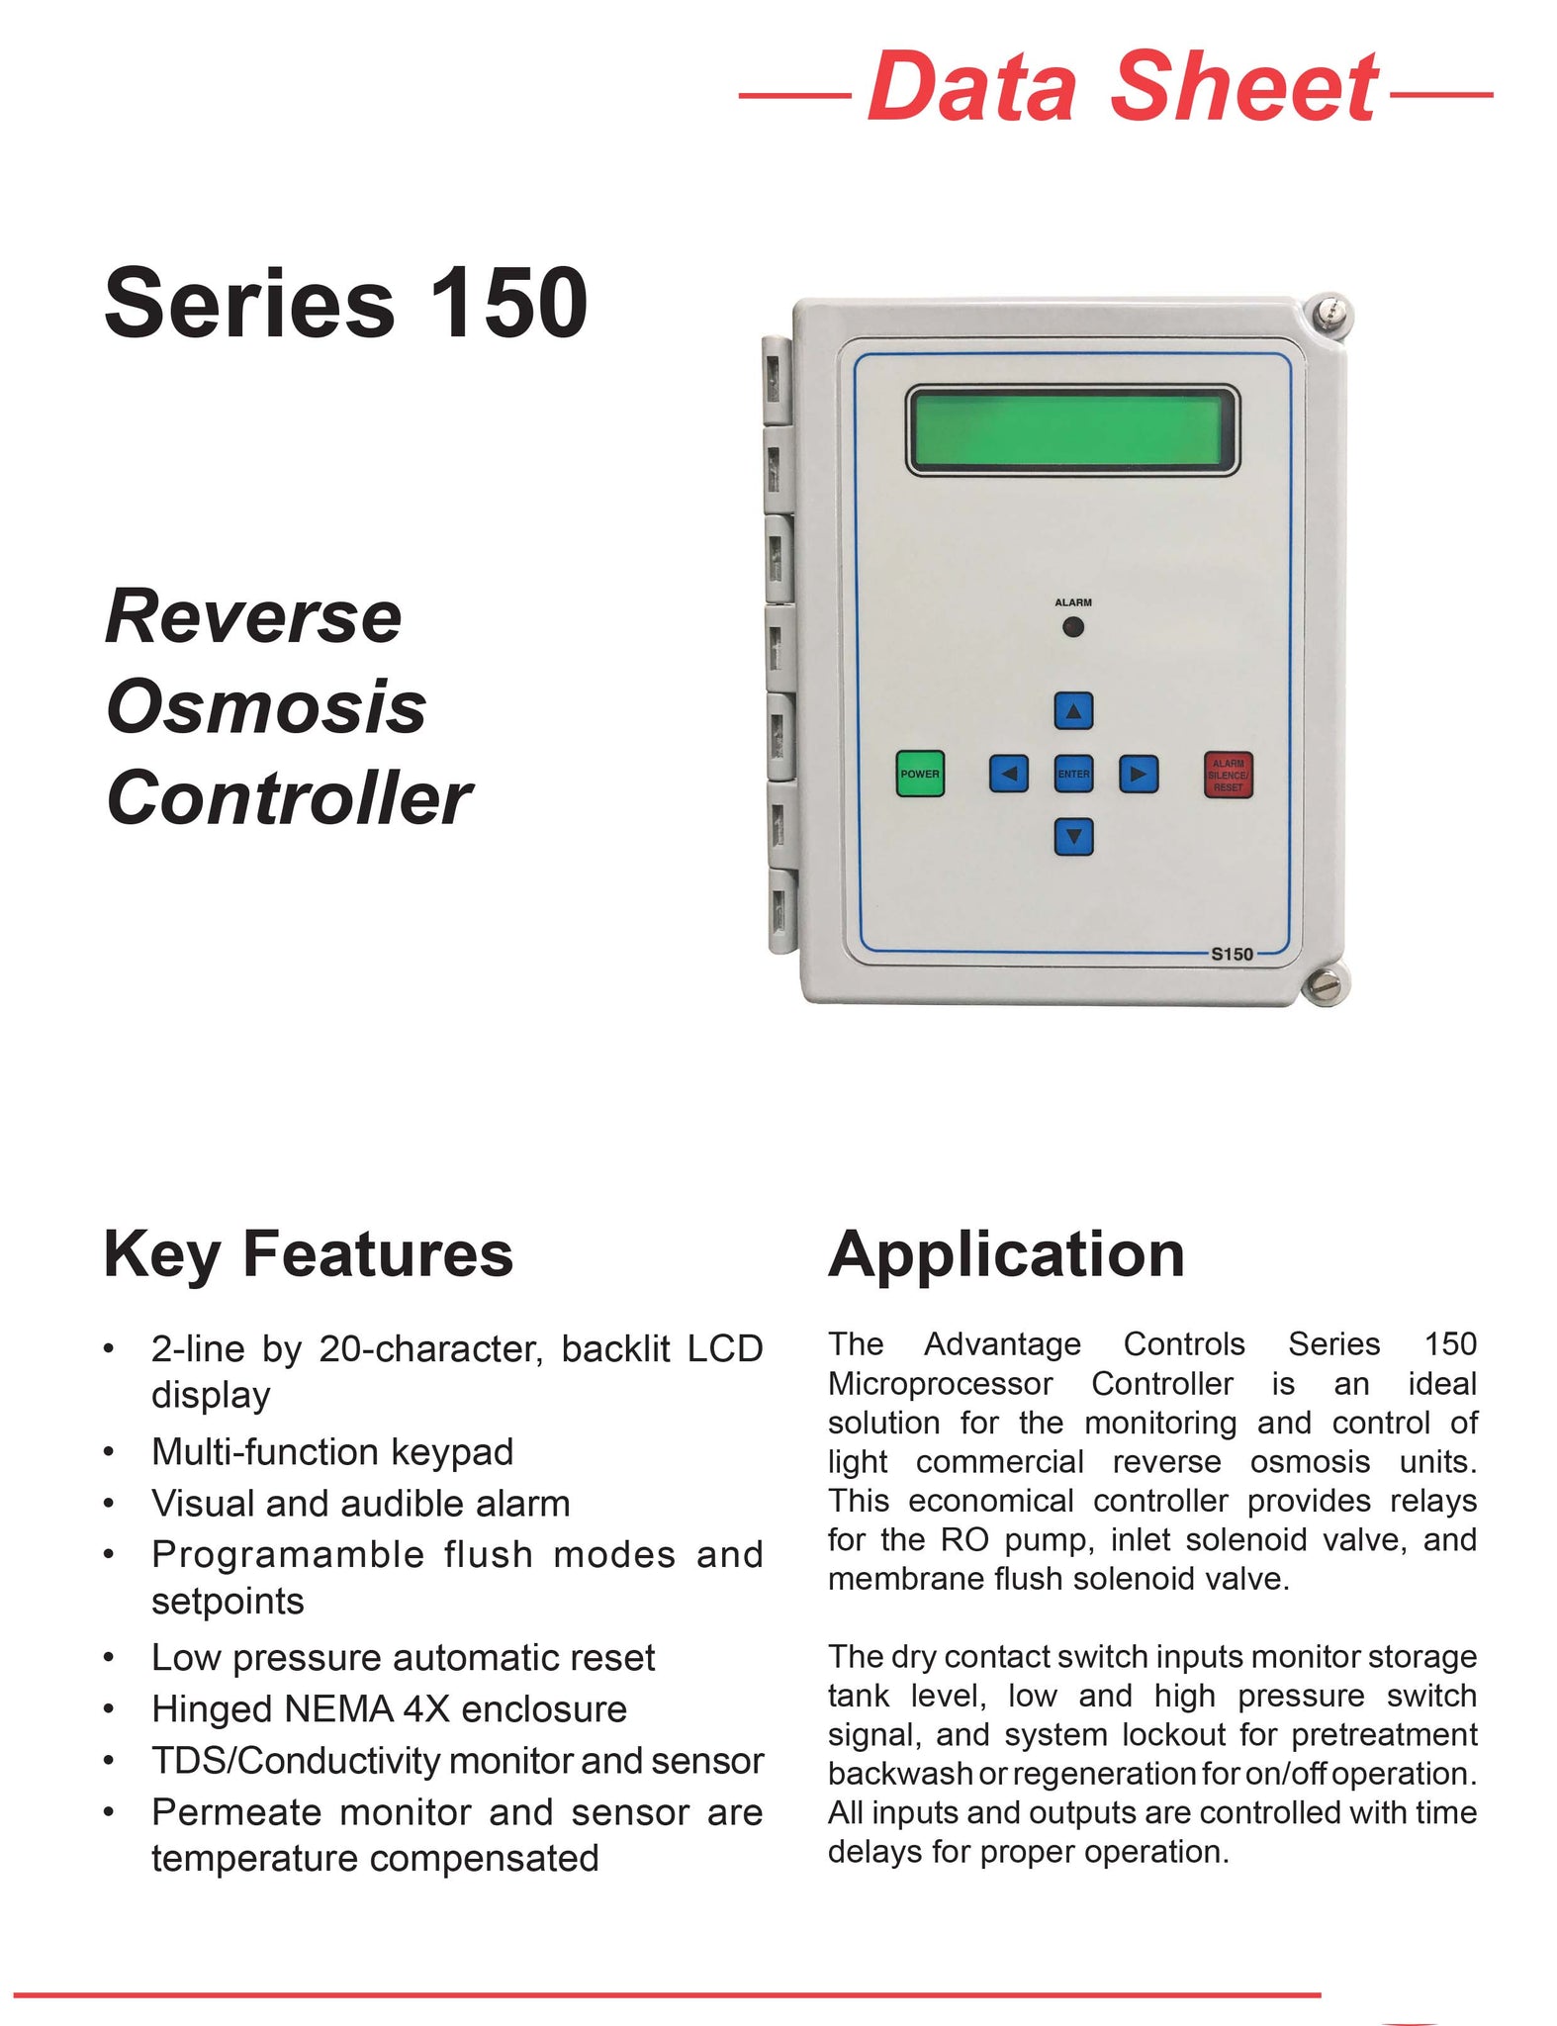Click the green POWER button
(x=919, y=774)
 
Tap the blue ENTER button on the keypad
(x=1073, y=774)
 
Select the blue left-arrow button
(x=1008, y=774)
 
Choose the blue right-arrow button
(x=1139, y=774)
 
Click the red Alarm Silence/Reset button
(x=1228, y=775)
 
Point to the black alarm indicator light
(x=1072, y=627)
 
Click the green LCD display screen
(x=1072, y=430)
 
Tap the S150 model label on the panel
(x=1232, y=954)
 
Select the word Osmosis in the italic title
(x=266, y=707)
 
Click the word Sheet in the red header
(x=1243, y=87)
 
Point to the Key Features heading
(x=308, y=1254)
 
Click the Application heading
(x=1006, y=1254)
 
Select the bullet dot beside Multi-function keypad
(x=110, y=1452)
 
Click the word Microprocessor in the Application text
(x=939, y=1383)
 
